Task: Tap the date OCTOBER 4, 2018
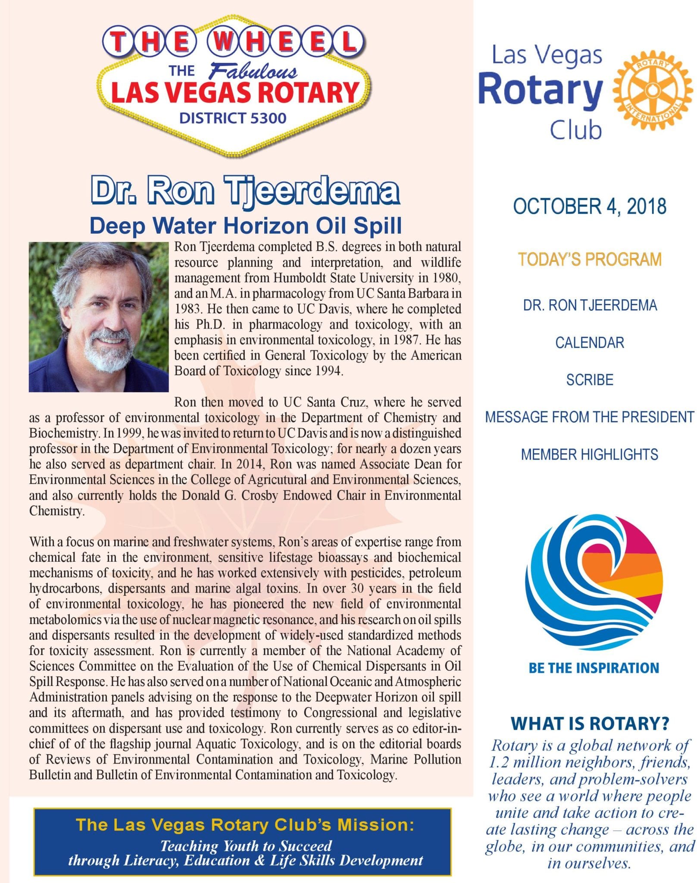589,207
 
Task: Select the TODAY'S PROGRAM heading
589,260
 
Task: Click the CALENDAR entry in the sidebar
589,343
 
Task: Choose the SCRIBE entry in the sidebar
589,380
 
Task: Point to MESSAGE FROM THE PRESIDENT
589,417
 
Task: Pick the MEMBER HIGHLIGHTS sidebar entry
589,454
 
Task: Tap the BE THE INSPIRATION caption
594,668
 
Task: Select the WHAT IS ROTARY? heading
589,723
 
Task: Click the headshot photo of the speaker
99,317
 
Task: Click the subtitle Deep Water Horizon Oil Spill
246,225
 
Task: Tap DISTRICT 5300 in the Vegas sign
233,118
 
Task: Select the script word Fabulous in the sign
253,72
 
